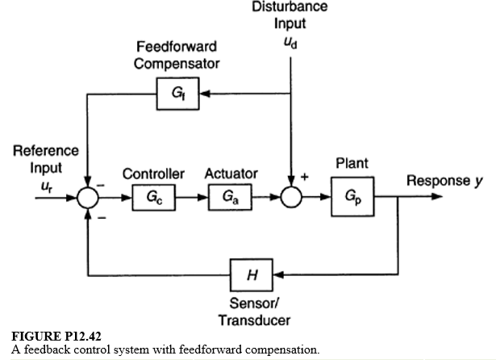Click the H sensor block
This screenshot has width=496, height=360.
252,275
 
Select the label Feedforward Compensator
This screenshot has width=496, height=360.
176,54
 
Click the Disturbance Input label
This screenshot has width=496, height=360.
290,15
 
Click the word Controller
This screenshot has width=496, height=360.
153,174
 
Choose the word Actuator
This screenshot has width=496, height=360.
231,174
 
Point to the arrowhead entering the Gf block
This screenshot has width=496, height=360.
203,94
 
